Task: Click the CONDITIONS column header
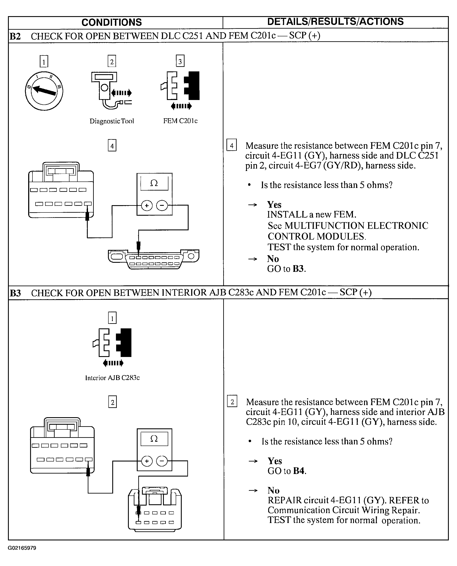112,22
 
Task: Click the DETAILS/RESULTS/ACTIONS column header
335,22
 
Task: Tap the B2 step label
15,36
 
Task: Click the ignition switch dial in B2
44,91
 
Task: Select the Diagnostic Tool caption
112,121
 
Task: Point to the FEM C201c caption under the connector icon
180,121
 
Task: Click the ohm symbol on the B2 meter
154,183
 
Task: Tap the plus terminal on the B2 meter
147,206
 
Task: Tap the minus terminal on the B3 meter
162,461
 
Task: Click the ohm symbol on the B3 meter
154,438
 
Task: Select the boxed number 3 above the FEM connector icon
180,61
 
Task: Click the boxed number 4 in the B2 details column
232,145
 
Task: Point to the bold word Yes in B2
274,205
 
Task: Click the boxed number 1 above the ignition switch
44,62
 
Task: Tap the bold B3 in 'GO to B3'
298,269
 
